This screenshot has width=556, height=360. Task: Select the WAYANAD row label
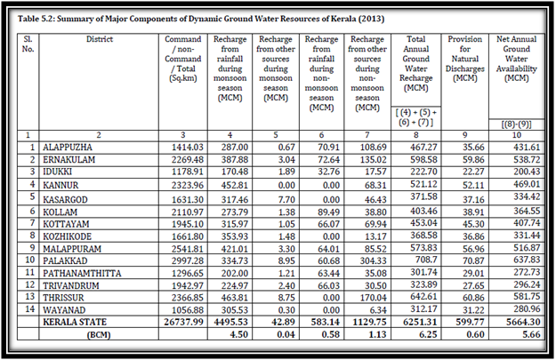tap(64, 310)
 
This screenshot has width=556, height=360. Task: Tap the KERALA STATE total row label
tap(75, 322)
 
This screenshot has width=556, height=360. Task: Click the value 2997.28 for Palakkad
tap(188, 260)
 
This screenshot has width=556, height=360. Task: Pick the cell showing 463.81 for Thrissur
tap(235, 298)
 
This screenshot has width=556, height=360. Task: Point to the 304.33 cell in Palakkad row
tap(373, 260)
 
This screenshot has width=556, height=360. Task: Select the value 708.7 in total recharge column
tap(426, 260)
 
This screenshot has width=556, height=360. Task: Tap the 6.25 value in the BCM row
tap(429, 334)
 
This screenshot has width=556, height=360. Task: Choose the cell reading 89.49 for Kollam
tap(328, 212)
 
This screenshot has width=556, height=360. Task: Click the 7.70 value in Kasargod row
tap(286, 199)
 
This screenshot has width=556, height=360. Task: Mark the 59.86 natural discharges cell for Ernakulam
tap(473, 160)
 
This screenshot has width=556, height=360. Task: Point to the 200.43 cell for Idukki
tap(527, 172)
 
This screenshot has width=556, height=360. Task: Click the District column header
tap(100, 39)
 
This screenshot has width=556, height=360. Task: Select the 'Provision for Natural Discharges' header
tap(465, 59)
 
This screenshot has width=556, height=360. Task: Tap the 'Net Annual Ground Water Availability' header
tap(516, 59)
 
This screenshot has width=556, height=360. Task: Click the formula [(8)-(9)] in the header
tap(516, 124)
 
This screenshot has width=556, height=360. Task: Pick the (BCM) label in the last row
tap(99, 335)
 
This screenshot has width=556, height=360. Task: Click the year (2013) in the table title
tap(371, 19)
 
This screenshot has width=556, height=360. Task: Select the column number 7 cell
tap(367, 135)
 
